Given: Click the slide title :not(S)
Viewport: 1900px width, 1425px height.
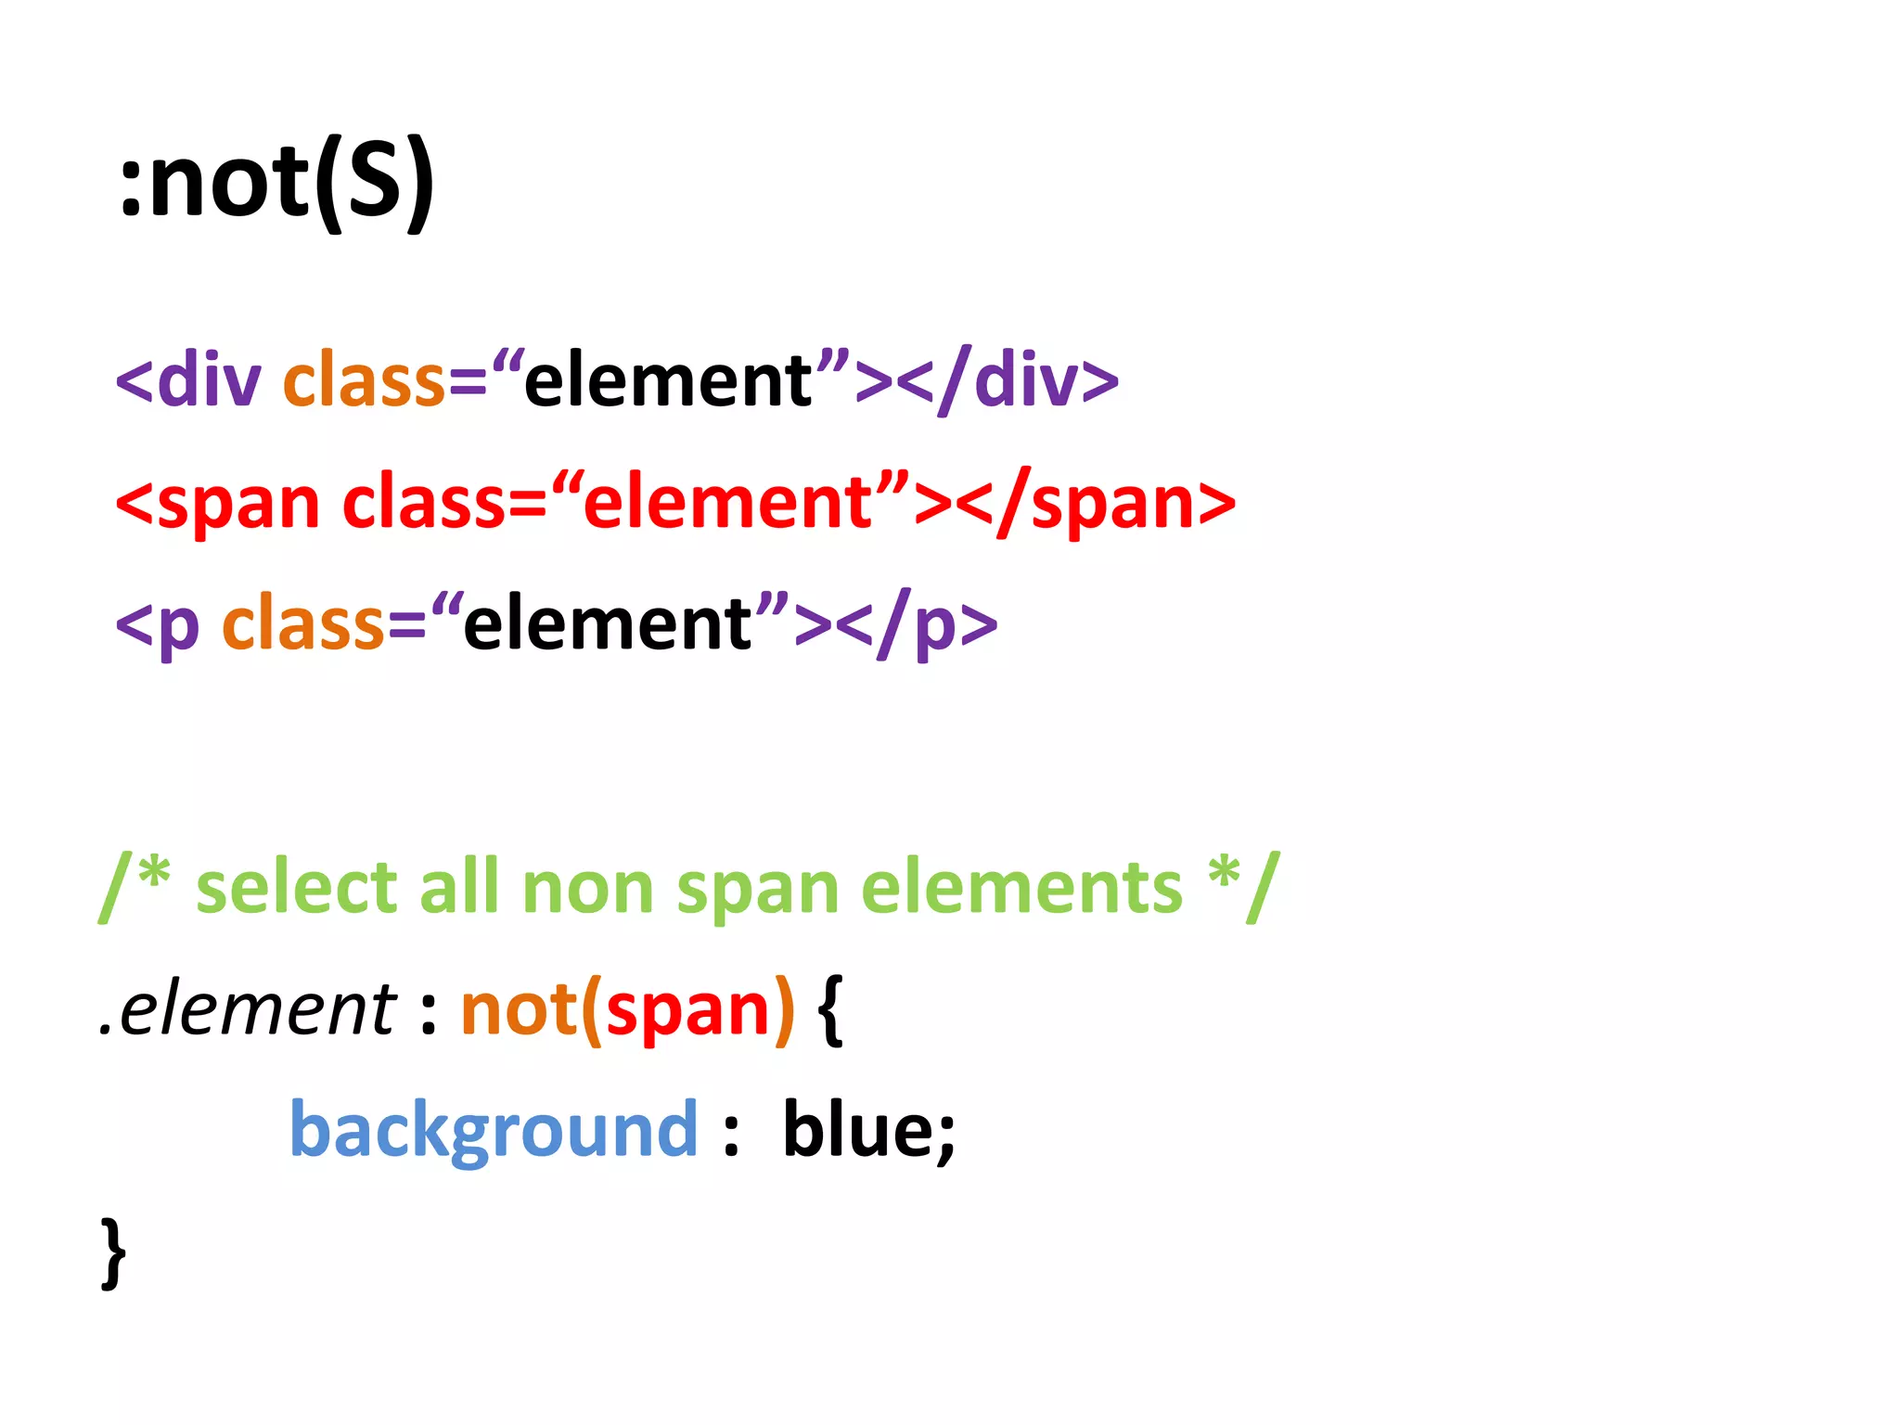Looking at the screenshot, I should click(x=276, y=181).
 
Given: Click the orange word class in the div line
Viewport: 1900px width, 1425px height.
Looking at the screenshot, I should click(x=364, y=380).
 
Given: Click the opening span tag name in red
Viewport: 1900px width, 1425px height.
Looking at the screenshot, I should click(x=237, y=504).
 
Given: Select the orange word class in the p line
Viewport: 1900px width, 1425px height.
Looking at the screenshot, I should click(x=303, y=624).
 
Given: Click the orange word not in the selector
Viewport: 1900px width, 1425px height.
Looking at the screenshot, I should click(x=520, y=1009).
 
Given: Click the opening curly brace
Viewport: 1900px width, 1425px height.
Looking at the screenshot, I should click(x=831, y=1011).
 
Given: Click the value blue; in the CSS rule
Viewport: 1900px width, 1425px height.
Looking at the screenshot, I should click(x=868, y=1131).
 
